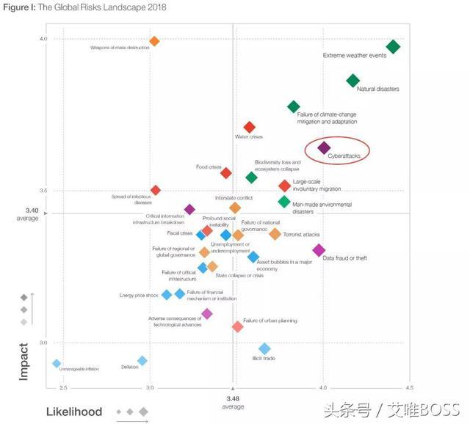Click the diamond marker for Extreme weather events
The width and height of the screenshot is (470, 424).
coord(393,47)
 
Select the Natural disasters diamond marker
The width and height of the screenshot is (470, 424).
coord(353,81)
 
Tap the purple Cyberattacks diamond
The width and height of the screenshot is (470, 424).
coord(324,148)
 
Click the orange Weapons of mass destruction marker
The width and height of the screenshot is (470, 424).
coord(154,41)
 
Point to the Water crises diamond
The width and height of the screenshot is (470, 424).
coord(250,128)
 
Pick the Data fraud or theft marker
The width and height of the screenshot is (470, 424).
coord(319,250)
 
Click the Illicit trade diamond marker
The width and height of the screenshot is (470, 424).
coord(265,348)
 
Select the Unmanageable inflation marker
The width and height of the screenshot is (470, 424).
coord(56,363)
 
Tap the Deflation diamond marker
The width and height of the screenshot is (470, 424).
coord(142,360)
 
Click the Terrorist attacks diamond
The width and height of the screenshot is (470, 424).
coord(275,234)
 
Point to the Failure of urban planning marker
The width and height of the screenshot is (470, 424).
coord(237,326)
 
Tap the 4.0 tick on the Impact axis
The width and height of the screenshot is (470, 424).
coord(43,39)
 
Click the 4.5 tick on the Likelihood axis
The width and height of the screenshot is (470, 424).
coord(408,387)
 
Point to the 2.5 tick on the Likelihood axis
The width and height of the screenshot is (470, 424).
coord(62,387)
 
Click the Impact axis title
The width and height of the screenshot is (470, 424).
coord(24,362)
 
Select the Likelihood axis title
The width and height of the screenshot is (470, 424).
coord(74,412)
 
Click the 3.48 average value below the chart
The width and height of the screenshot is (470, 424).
coord(233,398)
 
